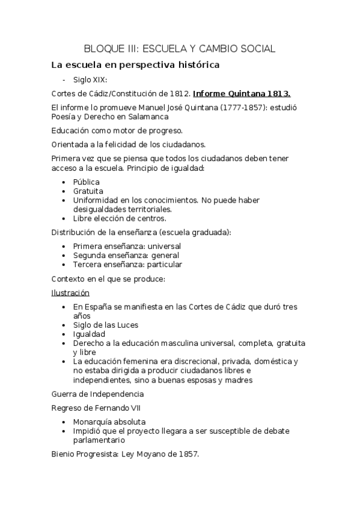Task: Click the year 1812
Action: point(179,94)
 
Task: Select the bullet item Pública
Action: point(87,182)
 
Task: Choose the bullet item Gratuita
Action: point(88,191)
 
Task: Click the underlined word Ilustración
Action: point(70,293)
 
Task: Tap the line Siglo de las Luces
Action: point(106,325)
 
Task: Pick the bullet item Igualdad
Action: point(90,334)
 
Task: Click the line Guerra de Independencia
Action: point(97,394)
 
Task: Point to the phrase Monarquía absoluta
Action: point(109,422)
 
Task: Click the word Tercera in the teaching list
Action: point(89,264)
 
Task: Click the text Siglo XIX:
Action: point(90,79)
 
